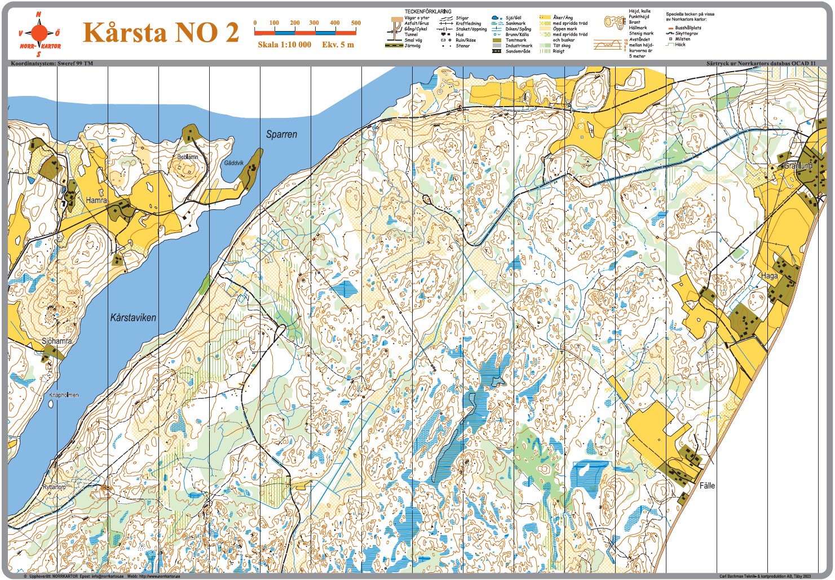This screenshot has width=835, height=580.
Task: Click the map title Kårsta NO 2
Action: (x=161, y=32)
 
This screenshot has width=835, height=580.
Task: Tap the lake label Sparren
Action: (x=281, y=134)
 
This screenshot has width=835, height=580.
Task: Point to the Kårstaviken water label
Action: (x=133, y=318)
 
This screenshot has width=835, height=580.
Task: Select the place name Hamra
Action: (x=96, y=200)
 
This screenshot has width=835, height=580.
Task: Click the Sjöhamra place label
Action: (x=57, y=341)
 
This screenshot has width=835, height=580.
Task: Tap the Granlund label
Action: (x=798, y=166)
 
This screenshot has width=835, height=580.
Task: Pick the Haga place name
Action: (x=769, y=276)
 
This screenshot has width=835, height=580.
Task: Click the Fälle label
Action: (x=707, y=485)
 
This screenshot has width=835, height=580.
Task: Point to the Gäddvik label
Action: (x=233, y=163)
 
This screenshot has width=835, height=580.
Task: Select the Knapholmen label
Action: (x=64, y=395)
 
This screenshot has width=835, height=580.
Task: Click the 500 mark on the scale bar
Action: (x=356, y=23)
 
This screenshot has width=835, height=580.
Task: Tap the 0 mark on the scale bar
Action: (x=255, y=23)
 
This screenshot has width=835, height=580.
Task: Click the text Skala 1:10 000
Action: (x=284, y=45)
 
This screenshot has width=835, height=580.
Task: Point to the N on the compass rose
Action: (x=38, y=14)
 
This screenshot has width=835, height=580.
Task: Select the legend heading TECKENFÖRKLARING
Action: (x=427, y=11)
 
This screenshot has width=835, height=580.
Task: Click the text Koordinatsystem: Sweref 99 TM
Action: (x=52, y=63)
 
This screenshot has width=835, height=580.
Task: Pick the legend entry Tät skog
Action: (x=562, y=46)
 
